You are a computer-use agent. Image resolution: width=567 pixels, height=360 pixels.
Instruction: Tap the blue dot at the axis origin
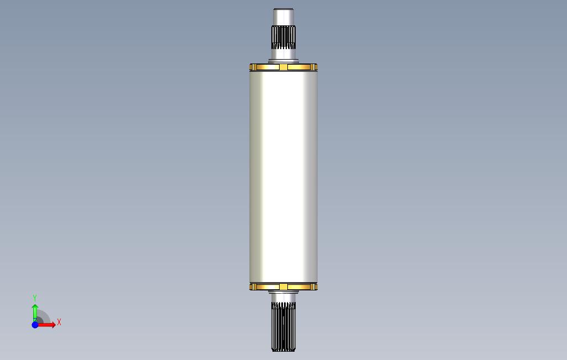tap(35, 325)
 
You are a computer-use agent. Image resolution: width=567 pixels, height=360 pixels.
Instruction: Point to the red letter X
tap(59, 322)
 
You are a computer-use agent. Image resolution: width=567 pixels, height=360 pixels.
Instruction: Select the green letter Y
tap(35, 298)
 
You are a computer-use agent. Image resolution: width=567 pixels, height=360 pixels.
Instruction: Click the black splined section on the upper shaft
tap(283, 37)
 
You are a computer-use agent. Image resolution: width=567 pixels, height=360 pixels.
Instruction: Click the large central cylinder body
tap(283, 177)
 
